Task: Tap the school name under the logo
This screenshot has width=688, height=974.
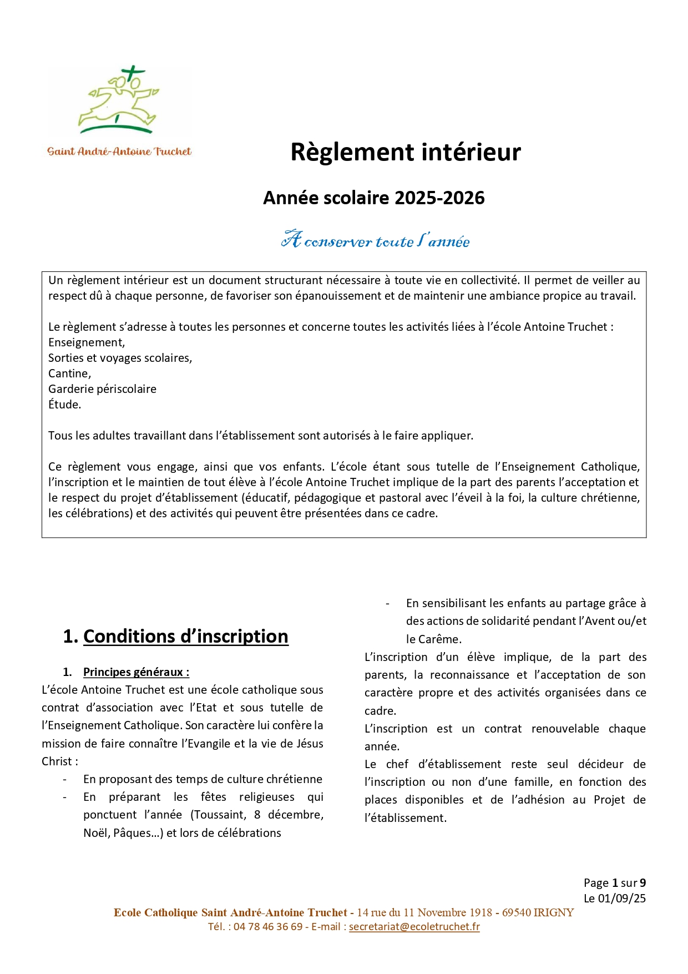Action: point(119,152)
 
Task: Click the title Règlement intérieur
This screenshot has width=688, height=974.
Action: point(406,153)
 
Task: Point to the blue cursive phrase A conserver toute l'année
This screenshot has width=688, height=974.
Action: point(376,240)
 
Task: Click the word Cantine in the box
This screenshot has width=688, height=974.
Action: point(69,374)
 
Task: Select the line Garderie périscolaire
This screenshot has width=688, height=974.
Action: point(102,389)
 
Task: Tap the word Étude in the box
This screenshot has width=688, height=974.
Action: point(64,405)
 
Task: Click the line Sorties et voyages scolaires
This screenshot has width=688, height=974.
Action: point(120,358)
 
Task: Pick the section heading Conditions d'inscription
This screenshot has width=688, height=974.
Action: point(185,637)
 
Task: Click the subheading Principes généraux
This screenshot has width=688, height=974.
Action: point(136,672)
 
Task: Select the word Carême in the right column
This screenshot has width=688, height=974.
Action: point(441,639)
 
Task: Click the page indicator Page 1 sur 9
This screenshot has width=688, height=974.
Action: point(614,883)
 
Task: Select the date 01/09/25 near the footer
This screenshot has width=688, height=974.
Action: point(621,899)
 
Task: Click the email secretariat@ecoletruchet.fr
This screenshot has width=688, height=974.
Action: point(414,927)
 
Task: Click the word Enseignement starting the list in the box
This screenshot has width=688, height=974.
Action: point(85,342)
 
